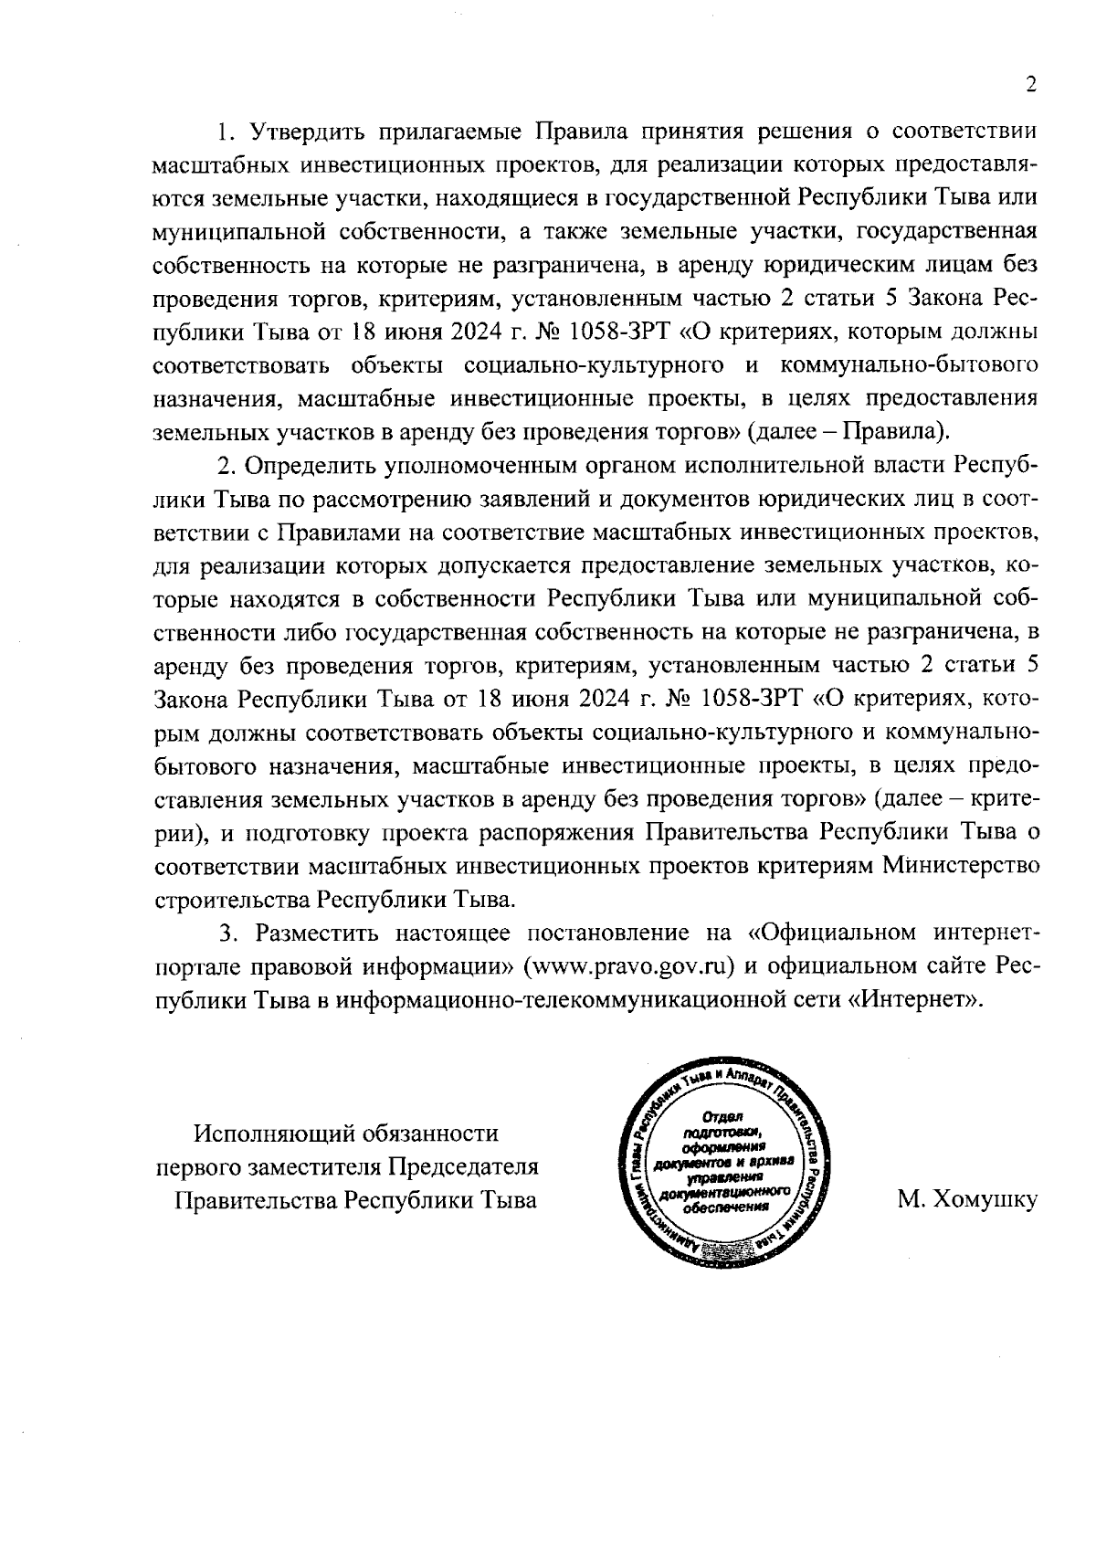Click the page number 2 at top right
[x=1031, y=85]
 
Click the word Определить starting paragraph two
[x=307, y=464]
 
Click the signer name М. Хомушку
[x=967, y=1199]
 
